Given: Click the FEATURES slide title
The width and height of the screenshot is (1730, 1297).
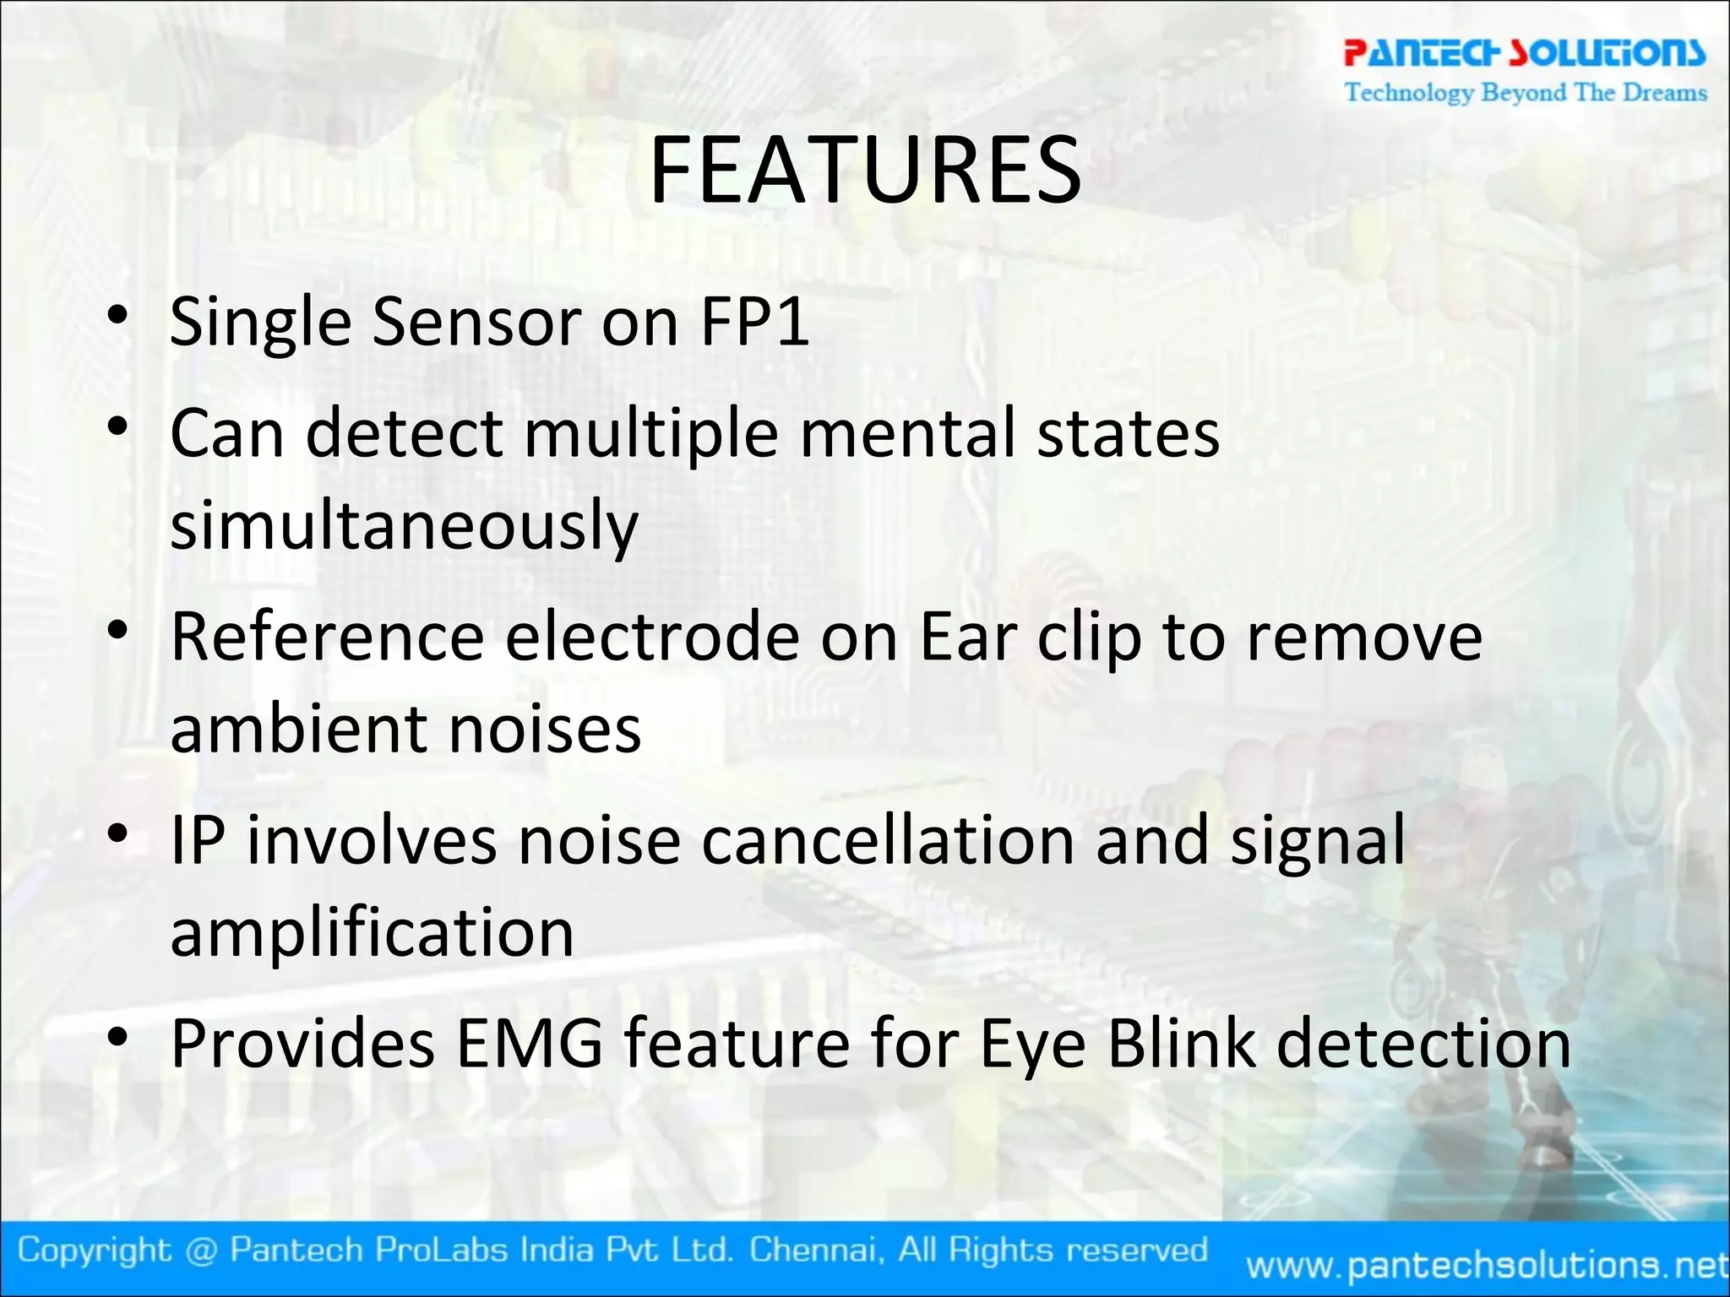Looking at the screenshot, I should (865, 171).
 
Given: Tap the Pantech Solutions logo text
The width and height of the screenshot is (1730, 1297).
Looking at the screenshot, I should (1524, 52).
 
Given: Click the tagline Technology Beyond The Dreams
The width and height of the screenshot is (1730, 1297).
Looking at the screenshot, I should (1526, 92).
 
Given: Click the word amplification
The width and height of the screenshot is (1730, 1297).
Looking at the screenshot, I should (372, 934).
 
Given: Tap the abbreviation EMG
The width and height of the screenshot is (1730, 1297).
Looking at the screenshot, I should (529, 1045).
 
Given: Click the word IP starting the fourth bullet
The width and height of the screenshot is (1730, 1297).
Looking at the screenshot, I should (198, 841).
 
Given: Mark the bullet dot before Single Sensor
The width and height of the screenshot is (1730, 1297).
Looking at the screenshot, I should (117, 316).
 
